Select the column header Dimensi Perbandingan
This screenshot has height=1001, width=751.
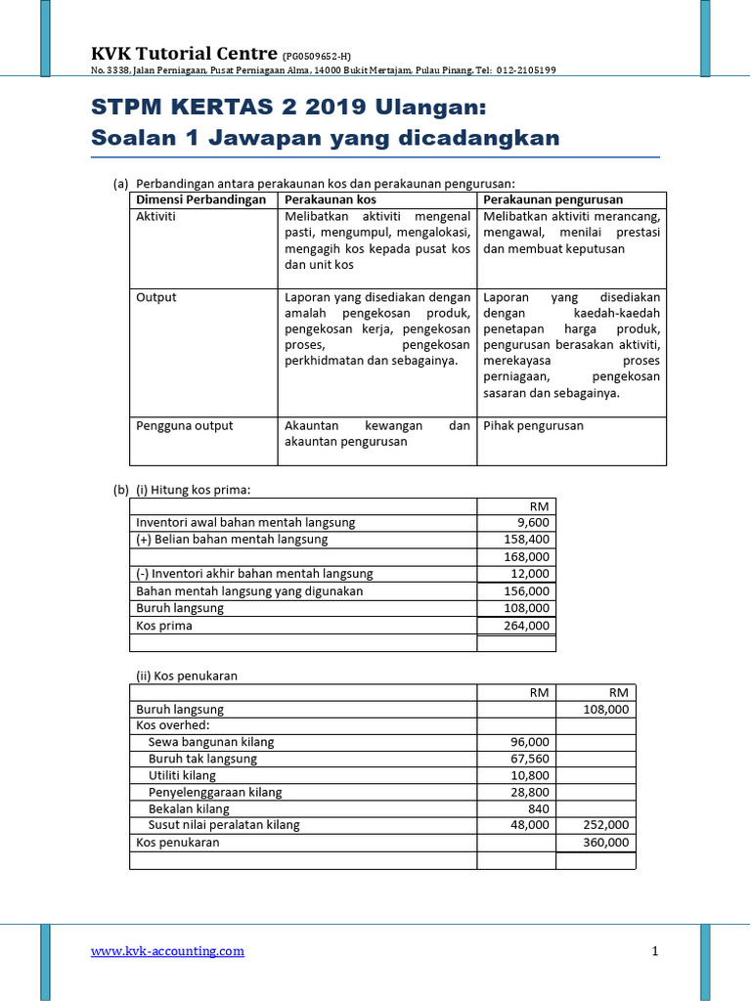(x=200, y=199)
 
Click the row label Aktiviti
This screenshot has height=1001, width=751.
(x=155, y=216)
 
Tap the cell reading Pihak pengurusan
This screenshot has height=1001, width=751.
(x=533, y=425)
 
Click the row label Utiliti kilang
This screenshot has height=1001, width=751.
(x=182, y=775)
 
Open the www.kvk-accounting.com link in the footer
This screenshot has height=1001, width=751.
(x=167, y=951)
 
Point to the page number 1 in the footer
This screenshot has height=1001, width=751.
(x=655, y=951)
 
